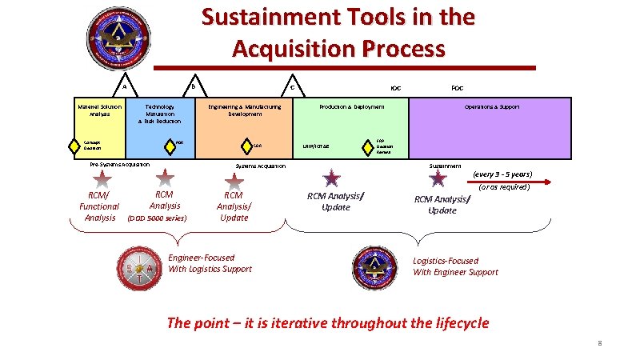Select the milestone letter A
[124, 86]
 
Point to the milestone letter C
[292, 87]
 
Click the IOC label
[395, 87]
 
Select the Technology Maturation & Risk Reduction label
[159, 114]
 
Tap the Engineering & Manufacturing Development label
[245, 110]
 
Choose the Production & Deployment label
[352, 106]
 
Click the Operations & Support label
[492, 106]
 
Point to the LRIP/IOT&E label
[316, 146]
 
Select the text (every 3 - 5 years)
[502, 174]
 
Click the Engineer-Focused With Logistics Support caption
[210, 263]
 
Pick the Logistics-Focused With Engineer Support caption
[455, 266]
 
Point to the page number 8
[598, 343]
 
